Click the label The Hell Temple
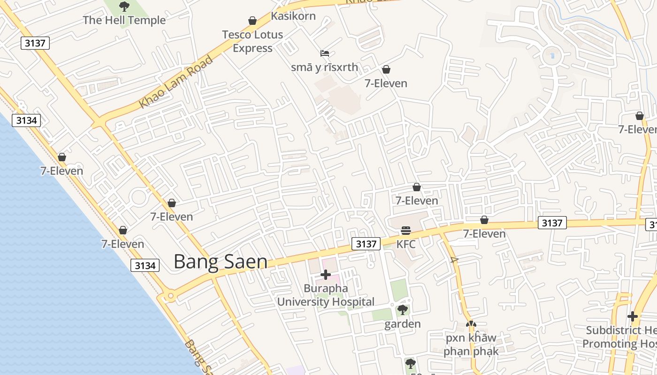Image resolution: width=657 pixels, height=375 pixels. pyautogui.click(x=124, y=20)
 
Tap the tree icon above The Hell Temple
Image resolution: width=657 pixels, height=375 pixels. pyautogui.click(x=124, y=7)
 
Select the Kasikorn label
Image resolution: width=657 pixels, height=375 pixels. pyautogui.click(x=293, y=16)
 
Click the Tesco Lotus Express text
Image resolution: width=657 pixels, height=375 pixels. pyautogui.click(x=252, y=41)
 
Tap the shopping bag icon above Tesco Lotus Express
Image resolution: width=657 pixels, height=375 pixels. pyautogui.click(x=252, y=21)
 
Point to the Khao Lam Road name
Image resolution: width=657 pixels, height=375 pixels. pyautogui.click(x=176, y=82)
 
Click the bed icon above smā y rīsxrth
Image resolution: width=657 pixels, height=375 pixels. pyautogui.click(x=325, y=53)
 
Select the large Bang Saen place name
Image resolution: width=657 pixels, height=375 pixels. pyautogui.click(x=221, y=262)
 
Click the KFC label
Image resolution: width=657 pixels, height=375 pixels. pyautogui.click(x=406, y=244)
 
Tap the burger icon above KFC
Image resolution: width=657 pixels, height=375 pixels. pyautogui.click(x=406, y=231)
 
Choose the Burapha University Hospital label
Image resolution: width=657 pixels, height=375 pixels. pyautogui.click(x=326, y=295)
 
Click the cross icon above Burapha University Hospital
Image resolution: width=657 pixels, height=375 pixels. pyautogui.click(x=326, y=275)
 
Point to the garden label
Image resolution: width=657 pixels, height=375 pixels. pyautogui.click(x=403, y=324)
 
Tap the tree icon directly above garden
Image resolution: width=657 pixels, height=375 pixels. pyautogui.click(x=402, y=310)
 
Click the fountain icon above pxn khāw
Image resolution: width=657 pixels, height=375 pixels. pyautogui.click(x=471, y=324)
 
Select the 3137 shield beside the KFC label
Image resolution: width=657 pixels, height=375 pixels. pyautogui.click(x=366, y=244)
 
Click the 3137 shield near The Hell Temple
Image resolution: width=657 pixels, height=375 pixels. pyautogui.click(x=35, y=43)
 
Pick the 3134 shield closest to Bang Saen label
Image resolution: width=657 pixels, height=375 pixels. pyautogui.click(x=145, y=265)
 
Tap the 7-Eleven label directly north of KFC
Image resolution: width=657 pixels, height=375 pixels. pyautogui.click(x=417, y=201)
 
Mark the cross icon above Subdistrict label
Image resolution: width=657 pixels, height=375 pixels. pyautogui.click(x=633, y=316)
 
